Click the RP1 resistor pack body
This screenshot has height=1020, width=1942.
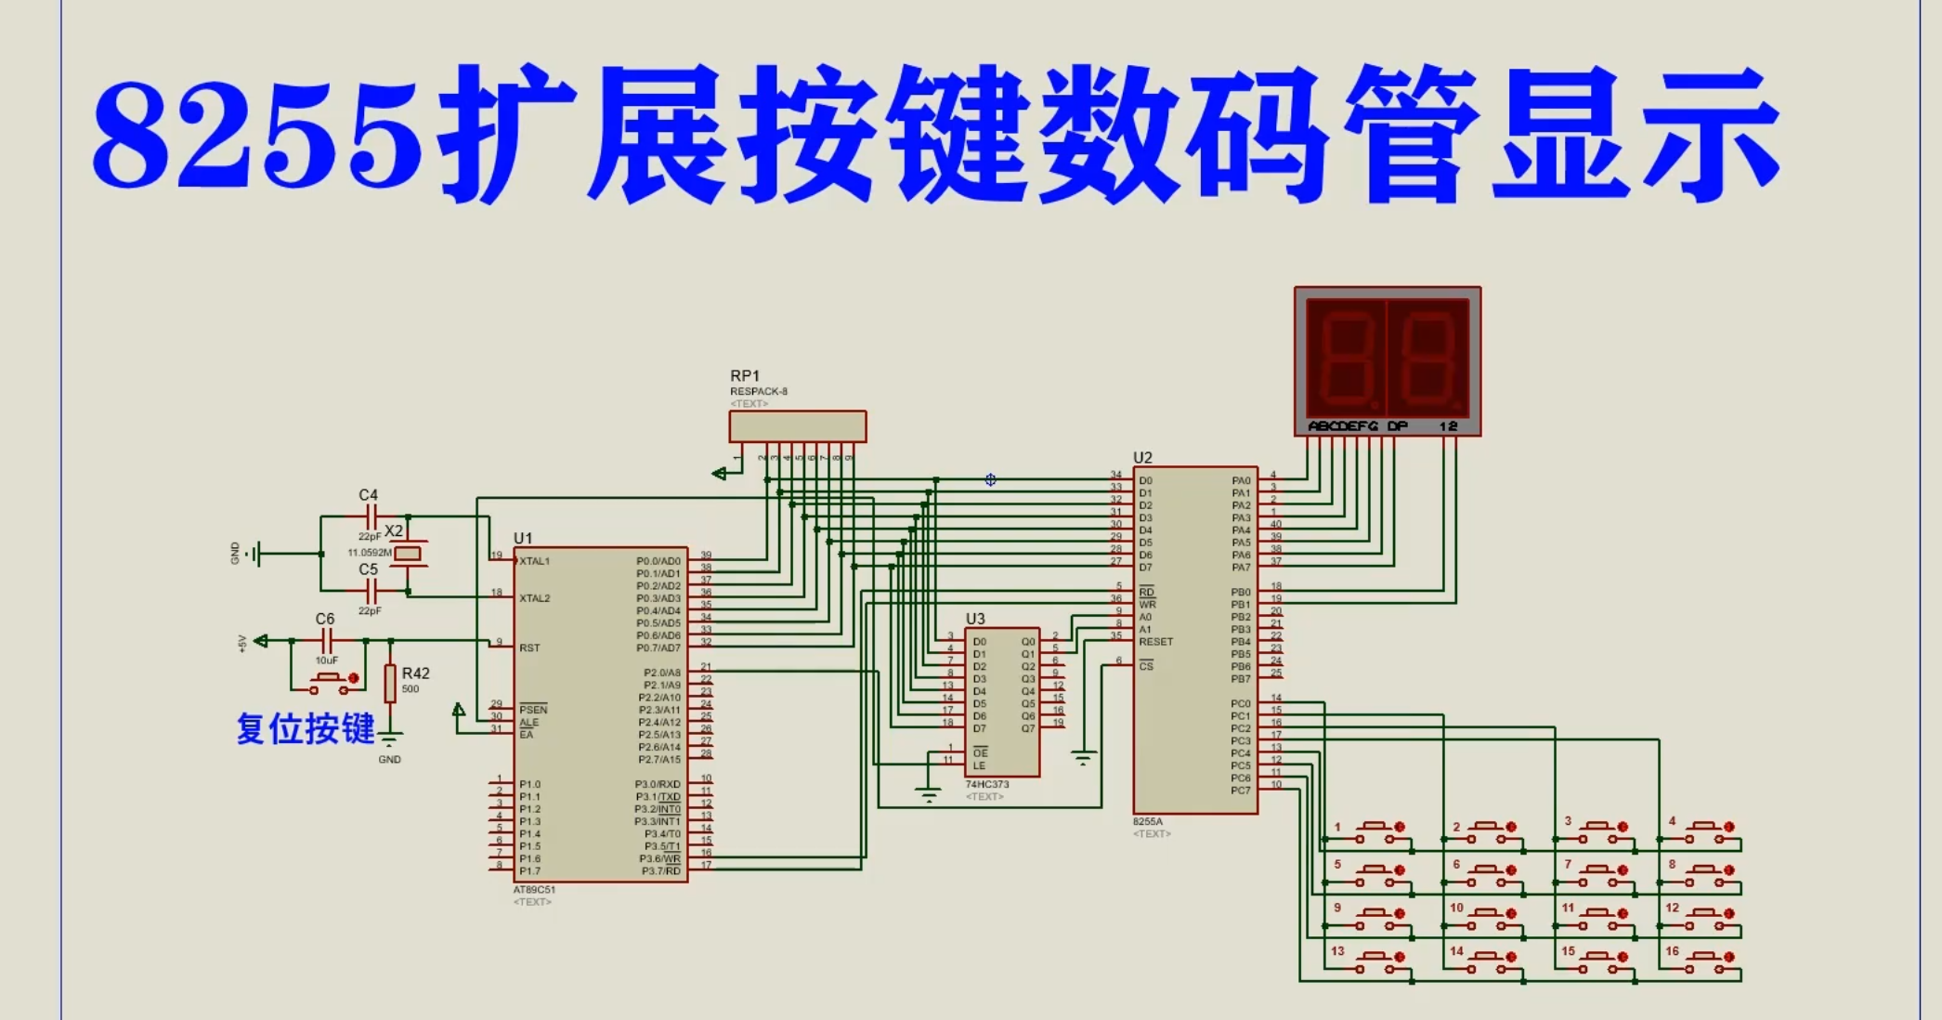[x=797, y=426]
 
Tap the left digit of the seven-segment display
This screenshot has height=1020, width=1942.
[x=1345, y=357]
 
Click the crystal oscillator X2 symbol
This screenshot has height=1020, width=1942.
[x=408, y=554]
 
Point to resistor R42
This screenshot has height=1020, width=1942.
[x=390, y=683]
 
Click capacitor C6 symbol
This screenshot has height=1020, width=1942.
[x=326, y=640]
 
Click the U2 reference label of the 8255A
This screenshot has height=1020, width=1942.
[x=1142, y=458]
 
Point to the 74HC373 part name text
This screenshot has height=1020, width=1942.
[x=986, y=785]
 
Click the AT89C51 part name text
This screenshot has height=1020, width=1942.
[x=534, y=890]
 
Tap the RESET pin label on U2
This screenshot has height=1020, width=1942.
[x=1156, y=642]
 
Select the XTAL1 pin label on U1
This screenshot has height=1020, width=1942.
[x=535, y=561]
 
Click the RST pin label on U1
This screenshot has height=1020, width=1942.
[x=529, y=647]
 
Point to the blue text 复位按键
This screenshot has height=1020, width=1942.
[x=306, y=729]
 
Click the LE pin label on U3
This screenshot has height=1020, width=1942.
[x=979, y=765]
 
